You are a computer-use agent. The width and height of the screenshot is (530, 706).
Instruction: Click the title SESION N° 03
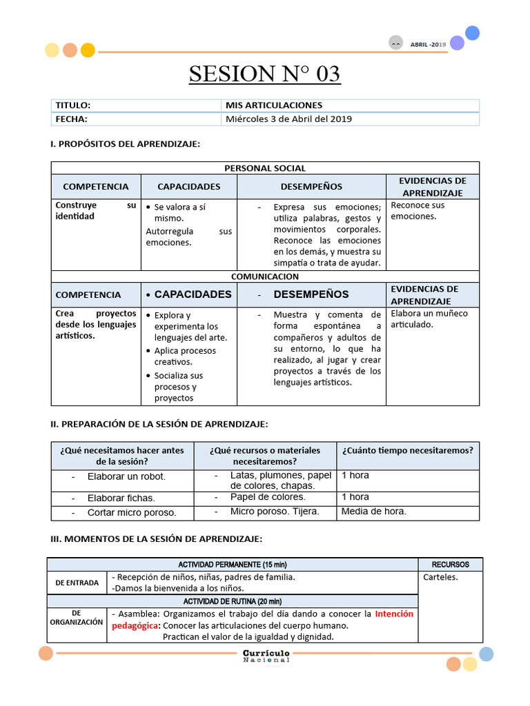(265, 73)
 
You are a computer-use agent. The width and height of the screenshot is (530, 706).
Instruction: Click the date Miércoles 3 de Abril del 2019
(288, 119)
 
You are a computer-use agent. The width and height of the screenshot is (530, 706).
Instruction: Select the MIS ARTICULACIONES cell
(274, 105)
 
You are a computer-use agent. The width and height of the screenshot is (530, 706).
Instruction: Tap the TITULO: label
(73, 105)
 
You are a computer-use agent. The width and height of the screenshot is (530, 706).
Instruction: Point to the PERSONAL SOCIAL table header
(265, 168)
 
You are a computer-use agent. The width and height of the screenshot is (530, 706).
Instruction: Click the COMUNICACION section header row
(265, 276)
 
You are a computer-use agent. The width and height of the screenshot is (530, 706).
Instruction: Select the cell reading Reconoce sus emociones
(418, 210)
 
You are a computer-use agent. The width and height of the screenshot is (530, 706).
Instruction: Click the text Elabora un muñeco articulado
(429, 319)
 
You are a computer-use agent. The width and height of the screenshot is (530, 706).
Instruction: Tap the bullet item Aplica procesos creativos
(184, 356)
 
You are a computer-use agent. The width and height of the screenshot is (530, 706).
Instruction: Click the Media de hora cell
(373, 512)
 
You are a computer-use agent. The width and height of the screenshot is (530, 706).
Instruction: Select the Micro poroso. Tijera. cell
(275, 512)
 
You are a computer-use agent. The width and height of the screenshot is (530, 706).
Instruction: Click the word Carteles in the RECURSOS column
(440, 577)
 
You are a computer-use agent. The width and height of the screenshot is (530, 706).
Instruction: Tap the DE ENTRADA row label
(77, 583)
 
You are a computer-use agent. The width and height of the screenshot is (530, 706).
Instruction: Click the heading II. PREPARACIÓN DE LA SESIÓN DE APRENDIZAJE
(159, 423)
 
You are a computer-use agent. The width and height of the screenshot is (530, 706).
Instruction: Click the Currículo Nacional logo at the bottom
(266, 656)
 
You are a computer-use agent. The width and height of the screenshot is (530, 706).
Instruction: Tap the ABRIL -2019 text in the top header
(428, 44)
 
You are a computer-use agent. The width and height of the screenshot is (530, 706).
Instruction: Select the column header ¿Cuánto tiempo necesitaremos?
(407, 450)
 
